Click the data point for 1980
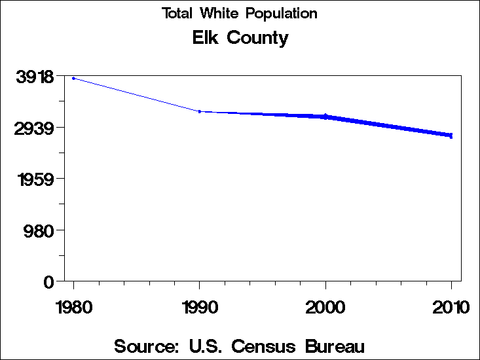(73, 78)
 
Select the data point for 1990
(200, 111)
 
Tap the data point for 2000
(325, 116)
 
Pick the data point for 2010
(451, 135)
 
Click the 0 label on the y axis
(48, 281)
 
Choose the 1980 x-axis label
(73, 307)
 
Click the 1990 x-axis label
(200, 307)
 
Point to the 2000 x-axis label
(325, 307)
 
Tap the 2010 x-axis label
(451, 307)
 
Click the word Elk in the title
(206, 38)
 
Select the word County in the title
(257, 39)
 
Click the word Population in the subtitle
(286, 14)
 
